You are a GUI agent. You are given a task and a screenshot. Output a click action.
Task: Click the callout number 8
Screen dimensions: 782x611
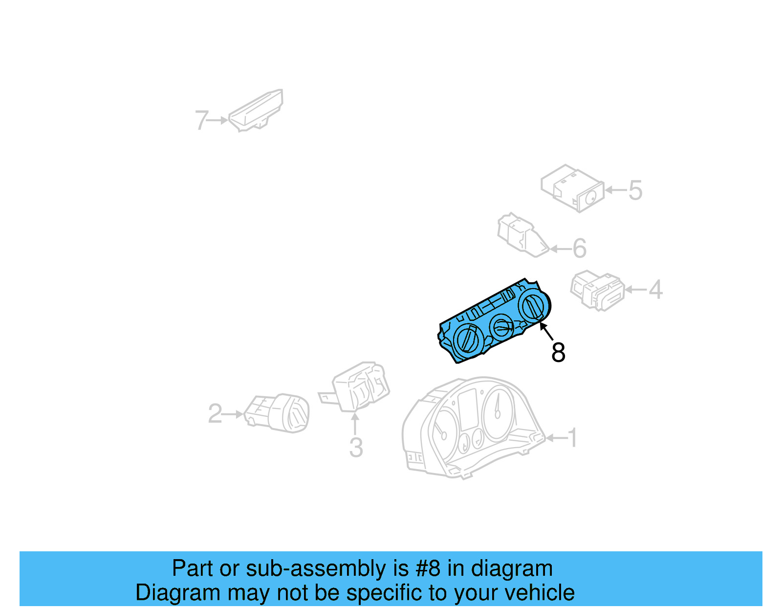(558, 352)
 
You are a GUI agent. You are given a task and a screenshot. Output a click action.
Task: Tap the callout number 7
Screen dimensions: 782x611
(201, 120)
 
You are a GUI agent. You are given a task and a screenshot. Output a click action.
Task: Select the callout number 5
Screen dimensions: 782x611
(635, 190)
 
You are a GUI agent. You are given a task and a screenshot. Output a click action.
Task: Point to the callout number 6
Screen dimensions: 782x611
(579, 249)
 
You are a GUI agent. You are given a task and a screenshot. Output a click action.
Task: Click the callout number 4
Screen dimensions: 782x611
(656, 289)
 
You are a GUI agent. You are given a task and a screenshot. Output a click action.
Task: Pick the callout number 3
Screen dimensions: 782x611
(356, 448)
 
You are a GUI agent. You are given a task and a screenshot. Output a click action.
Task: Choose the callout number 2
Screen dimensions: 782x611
(215, 413)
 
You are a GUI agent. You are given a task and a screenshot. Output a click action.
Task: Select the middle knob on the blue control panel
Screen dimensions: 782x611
(501, 327)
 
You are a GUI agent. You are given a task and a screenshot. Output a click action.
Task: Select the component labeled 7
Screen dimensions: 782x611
(256, 111)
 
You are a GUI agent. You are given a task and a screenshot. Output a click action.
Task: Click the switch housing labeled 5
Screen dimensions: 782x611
(572, 188)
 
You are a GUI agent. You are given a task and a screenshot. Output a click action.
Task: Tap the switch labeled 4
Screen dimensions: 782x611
(597, 291)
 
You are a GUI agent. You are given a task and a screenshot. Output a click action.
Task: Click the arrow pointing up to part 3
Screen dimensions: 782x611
(355, 424)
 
